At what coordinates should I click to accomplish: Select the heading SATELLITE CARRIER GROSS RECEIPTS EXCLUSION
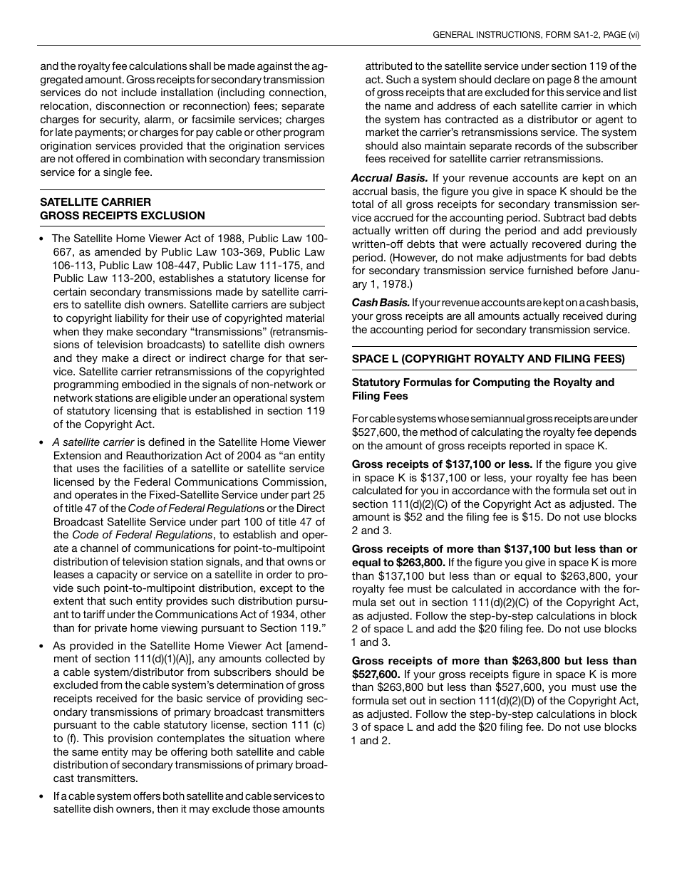122,209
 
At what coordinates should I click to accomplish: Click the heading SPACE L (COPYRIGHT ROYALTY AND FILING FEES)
488,358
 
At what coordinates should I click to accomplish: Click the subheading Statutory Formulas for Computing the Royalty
482,382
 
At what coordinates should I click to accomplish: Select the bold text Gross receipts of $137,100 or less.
442,464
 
